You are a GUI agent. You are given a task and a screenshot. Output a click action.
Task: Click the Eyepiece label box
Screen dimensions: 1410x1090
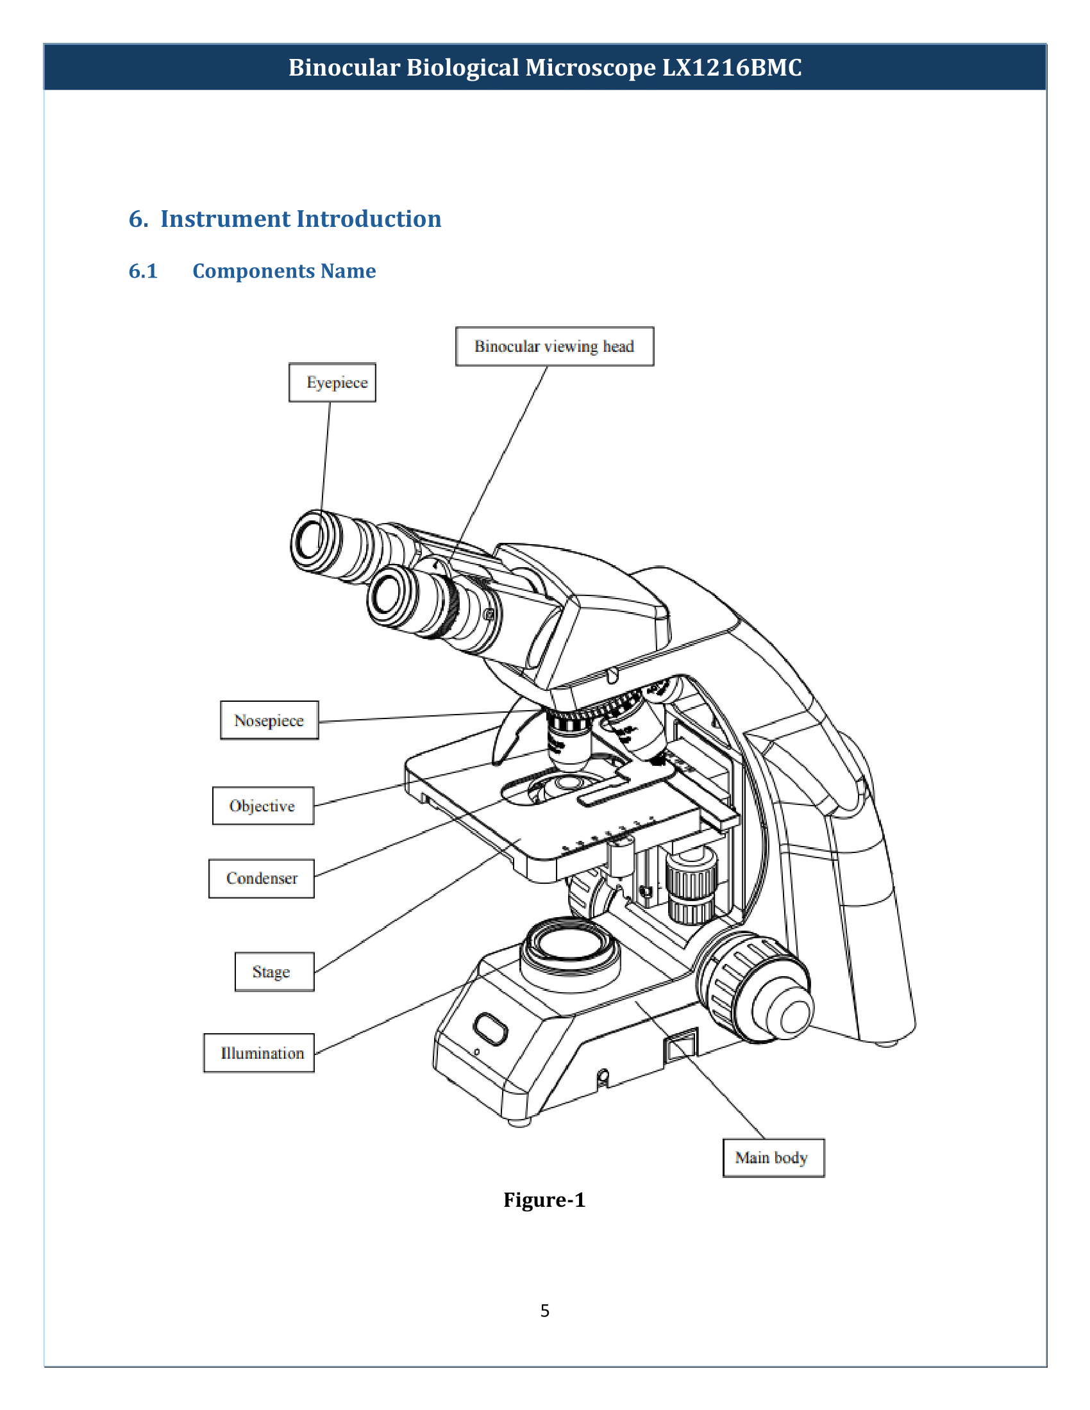click(x=332, y=382)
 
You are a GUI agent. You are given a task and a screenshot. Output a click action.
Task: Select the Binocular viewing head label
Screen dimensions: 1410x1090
click(x=554, y=347)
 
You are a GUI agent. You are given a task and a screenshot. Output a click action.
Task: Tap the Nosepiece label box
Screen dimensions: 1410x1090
click(x=269, y=720)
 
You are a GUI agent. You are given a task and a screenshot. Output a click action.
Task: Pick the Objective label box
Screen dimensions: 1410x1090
click(x=263, y=806)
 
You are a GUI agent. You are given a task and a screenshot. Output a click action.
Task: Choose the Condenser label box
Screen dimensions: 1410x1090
click(x=262, y=878)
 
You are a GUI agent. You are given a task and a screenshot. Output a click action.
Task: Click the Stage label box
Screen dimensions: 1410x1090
click(x=274, y=972)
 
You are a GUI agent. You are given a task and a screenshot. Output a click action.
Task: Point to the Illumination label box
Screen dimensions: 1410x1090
click(x=259, y=1053)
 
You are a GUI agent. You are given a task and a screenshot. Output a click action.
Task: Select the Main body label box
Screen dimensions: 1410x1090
click(x=773, y=1157)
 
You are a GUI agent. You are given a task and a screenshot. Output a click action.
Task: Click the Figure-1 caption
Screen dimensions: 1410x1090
click(x=544, y=1200)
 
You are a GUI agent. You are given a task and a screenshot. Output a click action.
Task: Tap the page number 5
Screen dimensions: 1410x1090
click(x=545, y=1311)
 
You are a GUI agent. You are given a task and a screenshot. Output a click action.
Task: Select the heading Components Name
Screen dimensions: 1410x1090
click(x=284, y=270)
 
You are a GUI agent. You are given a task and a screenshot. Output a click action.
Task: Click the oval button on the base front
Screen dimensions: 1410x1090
click(x=490, y=1029)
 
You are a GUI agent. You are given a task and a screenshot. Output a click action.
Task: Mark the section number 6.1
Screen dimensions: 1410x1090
click(x=143, y=270)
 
